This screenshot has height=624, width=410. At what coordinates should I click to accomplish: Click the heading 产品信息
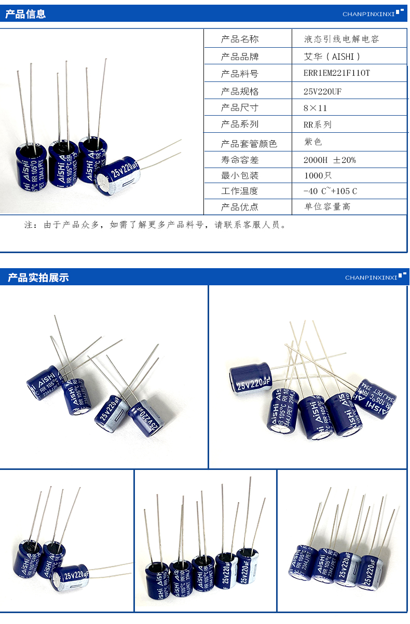click(25, 15)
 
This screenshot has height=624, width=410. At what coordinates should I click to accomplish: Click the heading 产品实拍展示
click(38, 278)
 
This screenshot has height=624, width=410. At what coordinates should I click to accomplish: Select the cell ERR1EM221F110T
click(337, 73)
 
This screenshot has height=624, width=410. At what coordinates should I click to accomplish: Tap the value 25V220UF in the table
click(322, 91)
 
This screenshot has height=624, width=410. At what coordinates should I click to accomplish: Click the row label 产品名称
click(239, 39)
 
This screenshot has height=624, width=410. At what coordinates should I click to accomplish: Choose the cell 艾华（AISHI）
click(332, 57)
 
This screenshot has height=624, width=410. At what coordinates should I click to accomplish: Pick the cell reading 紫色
click(313, 142)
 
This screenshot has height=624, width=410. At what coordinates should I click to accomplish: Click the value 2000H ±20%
click(330, 160)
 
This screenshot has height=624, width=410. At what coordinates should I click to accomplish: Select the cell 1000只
click(318, 175)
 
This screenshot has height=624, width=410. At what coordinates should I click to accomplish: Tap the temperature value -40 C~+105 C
click(330, 191)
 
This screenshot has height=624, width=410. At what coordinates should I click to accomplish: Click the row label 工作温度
click(239, 191)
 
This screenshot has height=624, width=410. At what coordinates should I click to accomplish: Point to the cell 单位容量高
click(327, 206)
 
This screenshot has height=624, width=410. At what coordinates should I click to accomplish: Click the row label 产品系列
click(239, 124)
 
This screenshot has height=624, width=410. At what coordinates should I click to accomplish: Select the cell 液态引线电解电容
click(341, 39)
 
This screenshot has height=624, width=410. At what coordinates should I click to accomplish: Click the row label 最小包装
click(239, 175)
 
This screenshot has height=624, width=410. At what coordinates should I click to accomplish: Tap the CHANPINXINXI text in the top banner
click(368, 15)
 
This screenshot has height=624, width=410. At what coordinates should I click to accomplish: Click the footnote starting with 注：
click(156, 225)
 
